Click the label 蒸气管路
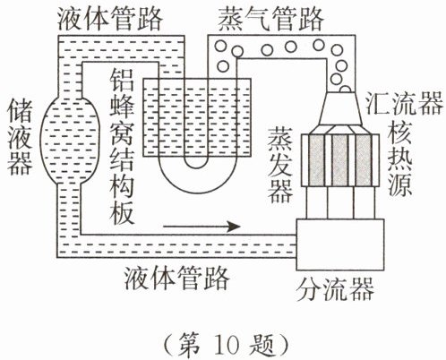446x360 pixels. (x=271, y=19)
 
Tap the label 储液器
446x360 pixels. (x=20, y=137)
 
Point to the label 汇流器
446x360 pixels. (x=404, y=103)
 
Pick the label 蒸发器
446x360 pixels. (x=279, y=165)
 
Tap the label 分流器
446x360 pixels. (x=335, y=289)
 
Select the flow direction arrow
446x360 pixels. (x=202, y=227)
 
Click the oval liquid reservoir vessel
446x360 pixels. (x=69, y=140)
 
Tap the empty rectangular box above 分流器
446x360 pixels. (x=340, y=244)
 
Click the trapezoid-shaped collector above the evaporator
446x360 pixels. (x=340, y=108)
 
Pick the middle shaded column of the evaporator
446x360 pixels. (x=340, y=160)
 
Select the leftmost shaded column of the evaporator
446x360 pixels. (x=317, y=160)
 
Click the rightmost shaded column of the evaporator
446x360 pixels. (x=364, y=160)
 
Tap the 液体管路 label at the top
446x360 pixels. (x=110, y=19)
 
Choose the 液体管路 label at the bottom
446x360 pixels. (x=176, y=279)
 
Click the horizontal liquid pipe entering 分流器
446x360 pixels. (x=176, y=246)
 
